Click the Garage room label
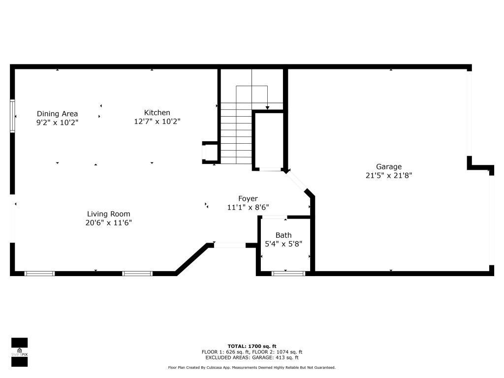pos(389,167)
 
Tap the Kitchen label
pos(157,113)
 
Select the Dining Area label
pos(57,114)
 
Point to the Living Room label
pos(108,214)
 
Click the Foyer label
pos(248,199)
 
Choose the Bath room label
pos(283,235)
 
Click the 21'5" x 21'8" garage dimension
pos(389,175)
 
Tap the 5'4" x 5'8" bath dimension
pos(283,244)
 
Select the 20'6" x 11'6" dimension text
pos(108,222)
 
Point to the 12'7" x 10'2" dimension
pos(157,121)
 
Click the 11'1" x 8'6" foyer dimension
pos(248,207)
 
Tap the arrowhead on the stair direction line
pos(267,107)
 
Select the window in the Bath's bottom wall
pos(288,273)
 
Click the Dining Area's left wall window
pos(12,116)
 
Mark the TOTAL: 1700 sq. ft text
pos(252,346)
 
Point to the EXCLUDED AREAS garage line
pos(252,358)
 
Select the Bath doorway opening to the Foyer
pos(275,217)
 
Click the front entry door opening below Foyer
pos(230,245)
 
